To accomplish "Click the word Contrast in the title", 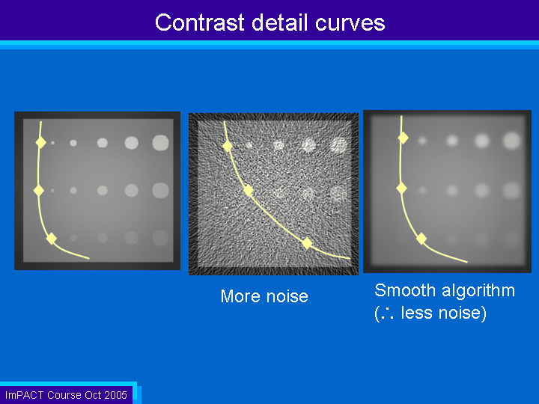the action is coord(199,22).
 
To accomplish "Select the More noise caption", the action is coord(264,296).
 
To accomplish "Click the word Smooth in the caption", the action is coord(405,290).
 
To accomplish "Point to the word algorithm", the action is coord(478,291).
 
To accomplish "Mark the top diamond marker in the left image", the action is coord(41,142).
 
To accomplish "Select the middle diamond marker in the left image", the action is coord(39,190).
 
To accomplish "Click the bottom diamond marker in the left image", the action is coord(52,239).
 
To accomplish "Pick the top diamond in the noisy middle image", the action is coord(228,146).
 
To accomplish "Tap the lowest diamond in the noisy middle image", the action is coord(307,243).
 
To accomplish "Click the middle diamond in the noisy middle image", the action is coord(249,190).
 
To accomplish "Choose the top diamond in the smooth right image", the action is coord(404,138).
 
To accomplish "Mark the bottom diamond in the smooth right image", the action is coord(421,239).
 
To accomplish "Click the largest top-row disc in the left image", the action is coord(160,143).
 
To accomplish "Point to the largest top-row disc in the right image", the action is coord(512,141).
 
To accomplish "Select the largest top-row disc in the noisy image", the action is coord(338,145).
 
